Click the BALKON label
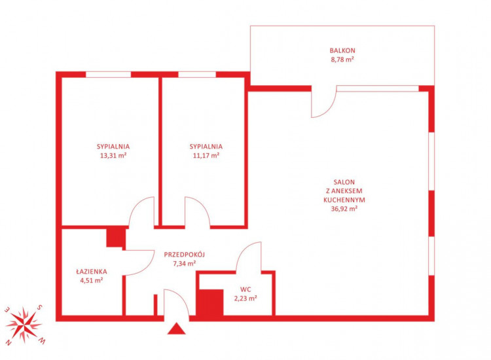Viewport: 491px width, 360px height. point(342,50)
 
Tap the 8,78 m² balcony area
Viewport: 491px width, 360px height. point(342,59)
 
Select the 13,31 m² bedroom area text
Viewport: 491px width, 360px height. point(113,155)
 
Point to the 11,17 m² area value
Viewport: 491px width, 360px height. point(206,155)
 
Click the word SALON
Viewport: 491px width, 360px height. point(344,182)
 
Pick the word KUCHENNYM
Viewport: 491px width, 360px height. point(344,200)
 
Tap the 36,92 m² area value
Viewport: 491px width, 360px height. point(344,209)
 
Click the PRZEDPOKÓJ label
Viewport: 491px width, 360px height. point(184,254)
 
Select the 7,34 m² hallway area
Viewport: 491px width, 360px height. point(184,264)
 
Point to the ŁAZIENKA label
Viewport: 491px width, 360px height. point(92,272)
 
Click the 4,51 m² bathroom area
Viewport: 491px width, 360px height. point(92,281)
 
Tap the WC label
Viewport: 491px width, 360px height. point(245,289)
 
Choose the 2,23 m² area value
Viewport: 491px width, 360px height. point(245,298)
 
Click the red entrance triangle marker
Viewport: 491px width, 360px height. point(176,330)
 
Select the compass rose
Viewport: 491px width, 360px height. point(24,325)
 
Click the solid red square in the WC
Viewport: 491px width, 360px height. point(209,302)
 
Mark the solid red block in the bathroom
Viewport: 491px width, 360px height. point(116,238)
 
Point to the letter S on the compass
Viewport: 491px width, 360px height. point(39,308)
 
